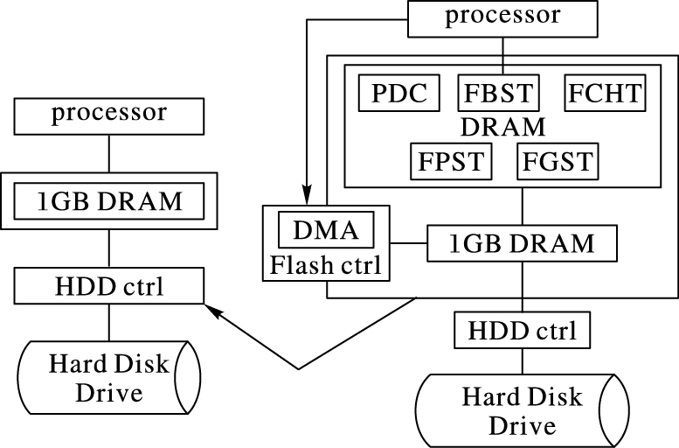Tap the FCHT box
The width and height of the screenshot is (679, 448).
(605, 93)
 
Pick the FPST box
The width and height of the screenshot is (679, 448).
(451, 162)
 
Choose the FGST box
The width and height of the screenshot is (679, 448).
(556, 162)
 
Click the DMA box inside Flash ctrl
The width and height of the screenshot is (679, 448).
(325, 231)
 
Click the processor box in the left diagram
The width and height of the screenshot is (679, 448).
(108, 115)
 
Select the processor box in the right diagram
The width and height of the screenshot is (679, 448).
(502, 17)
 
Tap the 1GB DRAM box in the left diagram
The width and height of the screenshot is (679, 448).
(108, 201)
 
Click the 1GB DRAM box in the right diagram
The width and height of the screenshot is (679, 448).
(523, 241)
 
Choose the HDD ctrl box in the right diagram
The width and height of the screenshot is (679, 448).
(523, 331)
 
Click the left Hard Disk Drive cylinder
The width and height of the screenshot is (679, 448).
(108, 378)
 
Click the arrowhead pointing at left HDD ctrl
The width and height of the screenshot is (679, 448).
(212, 308)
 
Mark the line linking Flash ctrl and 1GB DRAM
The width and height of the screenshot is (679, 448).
(407, 241)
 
